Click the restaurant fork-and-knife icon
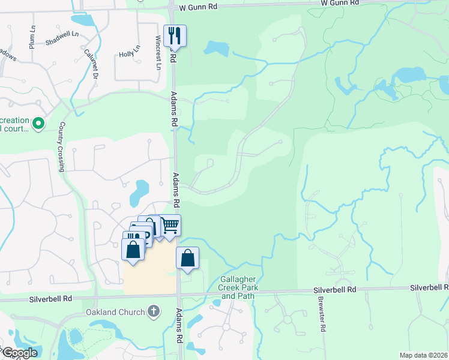(x=175, y=35)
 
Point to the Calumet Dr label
(x=91, y=64)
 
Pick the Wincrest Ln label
(x=158, y=56)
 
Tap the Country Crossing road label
(x=61, y=147)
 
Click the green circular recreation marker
(x=38, y=124)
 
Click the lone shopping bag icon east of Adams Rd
(x=188, y=258)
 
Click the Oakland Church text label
(x=116, y=312)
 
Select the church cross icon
(x=154, y=311)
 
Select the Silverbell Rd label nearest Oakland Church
(x=51, y=299)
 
